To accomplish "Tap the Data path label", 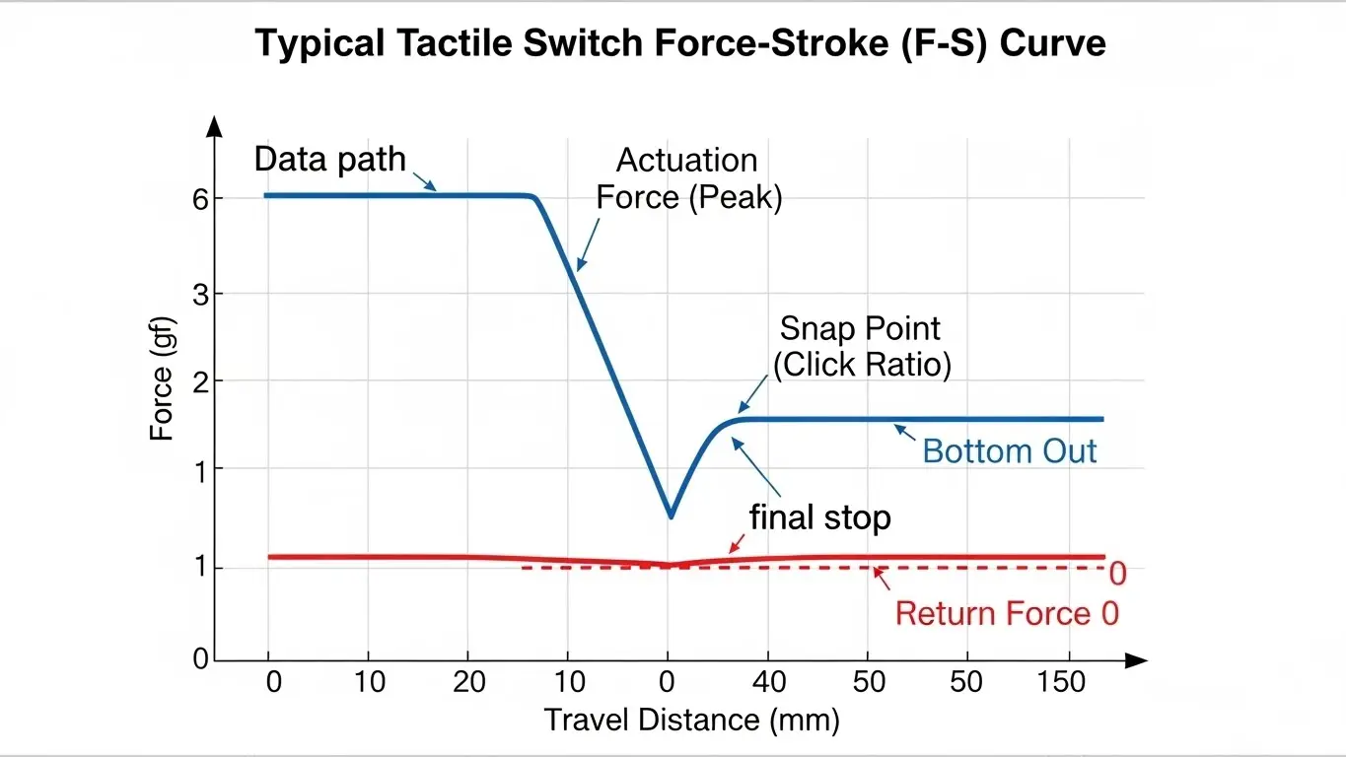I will (329, 159).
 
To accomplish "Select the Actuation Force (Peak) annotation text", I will (687, 178).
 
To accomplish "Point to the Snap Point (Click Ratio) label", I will (861, 346).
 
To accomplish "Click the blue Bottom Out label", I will (1009, 451).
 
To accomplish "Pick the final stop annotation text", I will (819, 516).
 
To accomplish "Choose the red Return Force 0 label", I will (1007, 613).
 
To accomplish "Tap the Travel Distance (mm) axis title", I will (691, 721).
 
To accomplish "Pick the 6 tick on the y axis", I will (200, 199).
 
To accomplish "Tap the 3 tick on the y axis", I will (200, 294).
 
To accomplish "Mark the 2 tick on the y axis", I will (200, 380).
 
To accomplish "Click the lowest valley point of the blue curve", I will (671, 516).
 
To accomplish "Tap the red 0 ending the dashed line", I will (1117, 573).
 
